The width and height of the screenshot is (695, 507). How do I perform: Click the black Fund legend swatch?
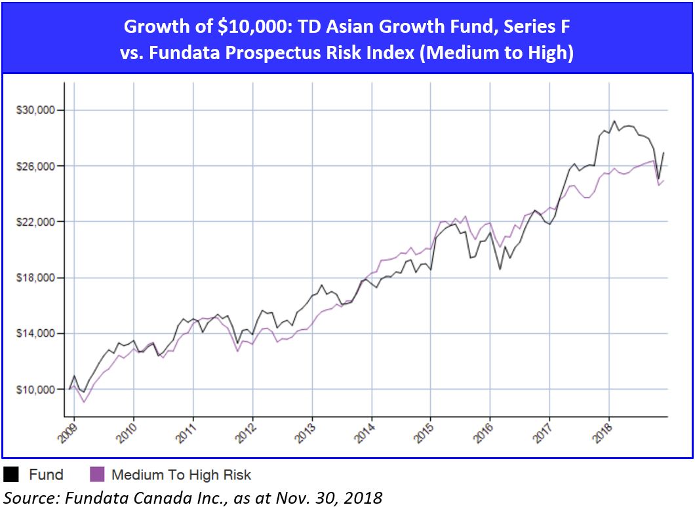pos(12,474)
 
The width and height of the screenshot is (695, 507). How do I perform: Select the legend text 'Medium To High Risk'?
pos(181,475)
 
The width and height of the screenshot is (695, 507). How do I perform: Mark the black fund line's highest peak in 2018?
pos(614,121)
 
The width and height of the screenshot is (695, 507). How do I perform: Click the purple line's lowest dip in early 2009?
pos(84,401)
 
